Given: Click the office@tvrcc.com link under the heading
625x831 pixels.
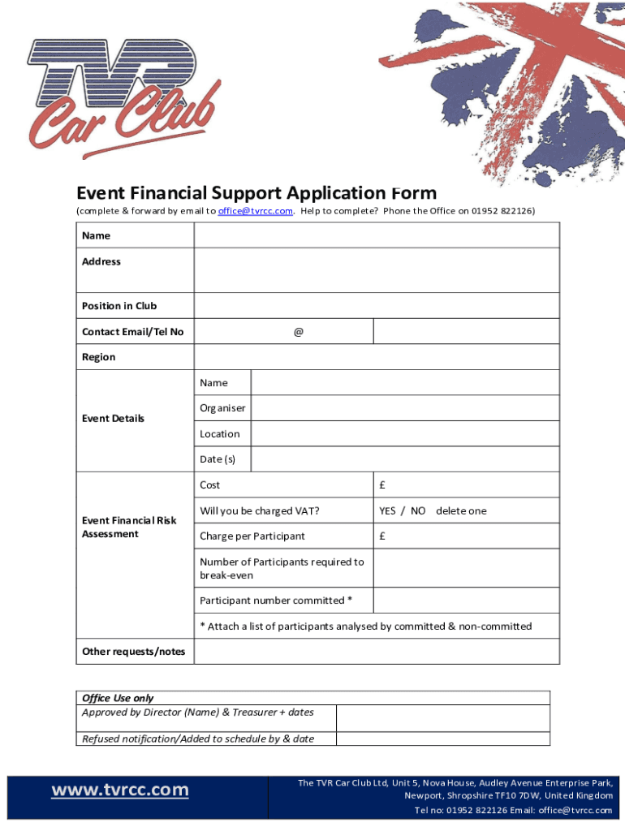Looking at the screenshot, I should [255, 211].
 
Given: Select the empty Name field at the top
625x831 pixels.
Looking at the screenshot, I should [376, 235].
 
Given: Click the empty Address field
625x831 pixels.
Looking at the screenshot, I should [376, 269].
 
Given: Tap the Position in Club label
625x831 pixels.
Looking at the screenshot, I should [119, 306].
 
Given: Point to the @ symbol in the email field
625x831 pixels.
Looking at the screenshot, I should [299, 332].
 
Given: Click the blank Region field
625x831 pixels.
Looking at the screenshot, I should [376, 357].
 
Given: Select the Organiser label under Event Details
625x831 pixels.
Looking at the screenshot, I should [222, 408].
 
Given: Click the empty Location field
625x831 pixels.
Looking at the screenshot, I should [404, 434].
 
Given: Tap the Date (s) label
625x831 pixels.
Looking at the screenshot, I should [218, 459].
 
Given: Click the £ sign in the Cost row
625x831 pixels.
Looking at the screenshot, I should [382, 485].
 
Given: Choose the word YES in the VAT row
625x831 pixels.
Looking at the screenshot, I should [387, 511].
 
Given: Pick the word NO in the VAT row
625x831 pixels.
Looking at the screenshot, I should [418, 511].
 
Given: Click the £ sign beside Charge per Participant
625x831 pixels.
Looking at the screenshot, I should [382, 536].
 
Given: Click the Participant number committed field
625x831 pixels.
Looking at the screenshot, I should [466, 601].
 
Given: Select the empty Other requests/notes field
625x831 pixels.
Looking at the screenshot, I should [376, 652].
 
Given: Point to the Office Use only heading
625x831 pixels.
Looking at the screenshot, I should [118, 698].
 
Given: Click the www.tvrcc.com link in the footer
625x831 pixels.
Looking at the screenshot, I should [120, 790].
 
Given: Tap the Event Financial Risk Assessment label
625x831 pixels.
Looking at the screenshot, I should [129, 527].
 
